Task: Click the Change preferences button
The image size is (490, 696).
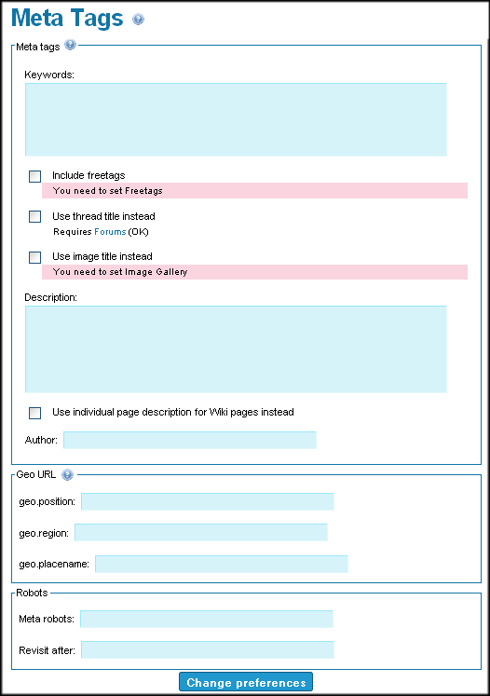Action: click(246, 682)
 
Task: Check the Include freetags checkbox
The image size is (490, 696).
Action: click(34, 176)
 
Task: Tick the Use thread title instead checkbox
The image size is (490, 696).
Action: click(34, 216)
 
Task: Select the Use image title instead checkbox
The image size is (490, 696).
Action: click(34, 257)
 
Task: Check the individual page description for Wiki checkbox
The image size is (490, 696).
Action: click(34, 413)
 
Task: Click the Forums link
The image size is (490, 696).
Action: click(110, 232)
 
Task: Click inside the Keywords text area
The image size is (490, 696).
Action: click(236, 119)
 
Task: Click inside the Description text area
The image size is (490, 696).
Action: click(236, 348)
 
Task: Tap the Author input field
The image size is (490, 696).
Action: click(190, 440)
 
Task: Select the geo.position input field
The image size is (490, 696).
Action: click(208, 501)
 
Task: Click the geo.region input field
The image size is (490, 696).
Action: click(201, 532)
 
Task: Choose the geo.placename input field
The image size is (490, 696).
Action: click(222, 564)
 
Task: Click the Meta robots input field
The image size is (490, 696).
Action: click(207, 619)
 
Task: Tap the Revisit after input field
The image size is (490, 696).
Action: click(208, 649)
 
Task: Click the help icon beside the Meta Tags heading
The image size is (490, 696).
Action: click(139, 19)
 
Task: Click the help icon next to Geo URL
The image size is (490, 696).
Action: click(67, 475)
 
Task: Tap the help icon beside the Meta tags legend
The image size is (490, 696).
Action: click(70, 45)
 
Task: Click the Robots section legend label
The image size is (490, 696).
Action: click(32, 593)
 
